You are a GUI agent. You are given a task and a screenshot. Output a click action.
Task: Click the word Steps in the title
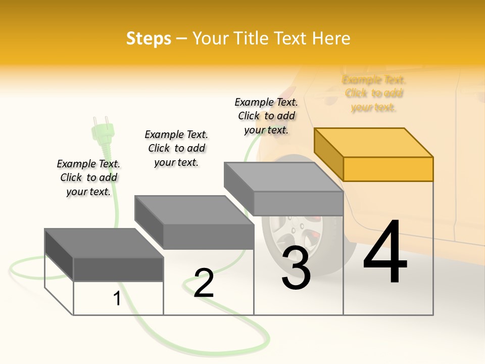pyautogui.click(x=149, y=38)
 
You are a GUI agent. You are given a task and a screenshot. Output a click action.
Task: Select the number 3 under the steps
pyautogui.click(x=296, y=268)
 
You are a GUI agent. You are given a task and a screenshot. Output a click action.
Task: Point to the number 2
pyautogui.click(x=204, y=283)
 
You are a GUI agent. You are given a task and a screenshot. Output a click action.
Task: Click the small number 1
pyautogui.click(x=117, y=299)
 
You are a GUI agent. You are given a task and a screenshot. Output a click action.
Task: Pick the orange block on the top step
pyautogui.click(x=374, y=154)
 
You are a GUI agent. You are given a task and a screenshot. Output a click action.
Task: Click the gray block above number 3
pyautogui.click(x=283, y=189)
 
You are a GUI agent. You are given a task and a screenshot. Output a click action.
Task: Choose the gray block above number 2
pyautogui.click(x=194, y=222)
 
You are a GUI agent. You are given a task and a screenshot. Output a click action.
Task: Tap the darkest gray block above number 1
pyautogui.click(x=104, y=255)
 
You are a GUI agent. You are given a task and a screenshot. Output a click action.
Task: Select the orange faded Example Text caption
pyautogui.click(x=374, y=94)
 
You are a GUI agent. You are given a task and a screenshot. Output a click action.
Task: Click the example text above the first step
pyautogui.click(x=88, y=177)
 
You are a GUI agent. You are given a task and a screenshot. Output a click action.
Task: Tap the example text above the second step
pyautogui.click(x=176, y=148)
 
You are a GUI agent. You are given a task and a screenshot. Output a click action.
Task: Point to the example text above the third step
pyautogui.click(x=266, y=116)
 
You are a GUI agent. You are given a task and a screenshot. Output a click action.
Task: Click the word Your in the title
pyautogui.click(x=210, y=38)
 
